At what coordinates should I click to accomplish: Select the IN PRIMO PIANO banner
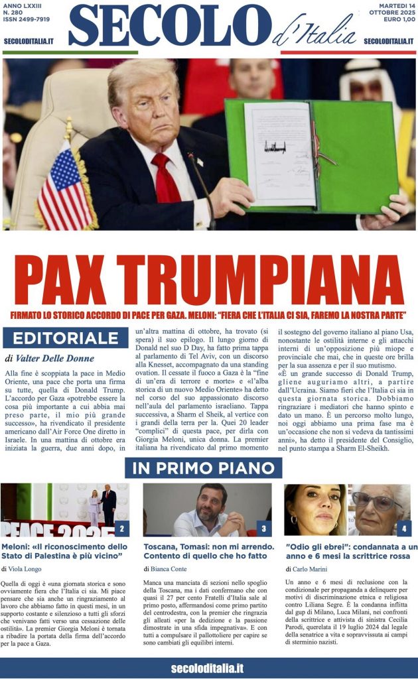point(203,467)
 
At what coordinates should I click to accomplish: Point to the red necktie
point(165,178)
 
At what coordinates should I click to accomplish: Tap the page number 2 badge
point(122,528)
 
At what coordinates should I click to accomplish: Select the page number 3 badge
point(263,528)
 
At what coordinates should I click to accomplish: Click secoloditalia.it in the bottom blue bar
point(207,668)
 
